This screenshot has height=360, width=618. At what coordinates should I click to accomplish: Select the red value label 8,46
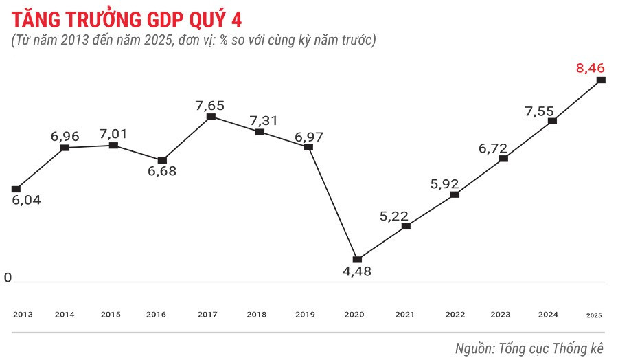click(590, 67)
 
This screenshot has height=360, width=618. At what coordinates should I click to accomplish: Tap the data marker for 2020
click(357, 259)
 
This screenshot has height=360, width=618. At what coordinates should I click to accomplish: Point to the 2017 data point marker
click(211, 117)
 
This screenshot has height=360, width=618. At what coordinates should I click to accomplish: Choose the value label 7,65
click(210, 105)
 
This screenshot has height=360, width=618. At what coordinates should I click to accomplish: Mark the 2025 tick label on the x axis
click(594, 315)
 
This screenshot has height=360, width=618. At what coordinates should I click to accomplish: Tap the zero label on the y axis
click(8, 278)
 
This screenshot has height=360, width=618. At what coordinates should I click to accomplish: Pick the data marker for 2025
click(602, 80)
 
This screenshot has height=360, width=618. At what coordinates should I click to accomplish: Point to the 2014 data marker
click(65, 148)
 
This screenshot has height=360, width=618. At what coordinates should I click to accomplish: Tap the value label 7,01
click(113, 134)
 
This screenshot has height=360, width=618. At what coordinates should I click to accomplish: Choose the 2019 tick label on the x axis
click(305, 314)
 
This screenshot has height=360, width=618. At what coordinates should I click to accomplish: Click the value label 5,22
click(394, 216)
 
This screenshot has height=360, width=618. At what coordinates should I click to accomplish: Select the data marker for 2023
click(504, 158)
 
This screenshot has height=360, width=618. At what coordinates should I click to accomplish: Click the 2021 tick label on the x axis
click(405, 314)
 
